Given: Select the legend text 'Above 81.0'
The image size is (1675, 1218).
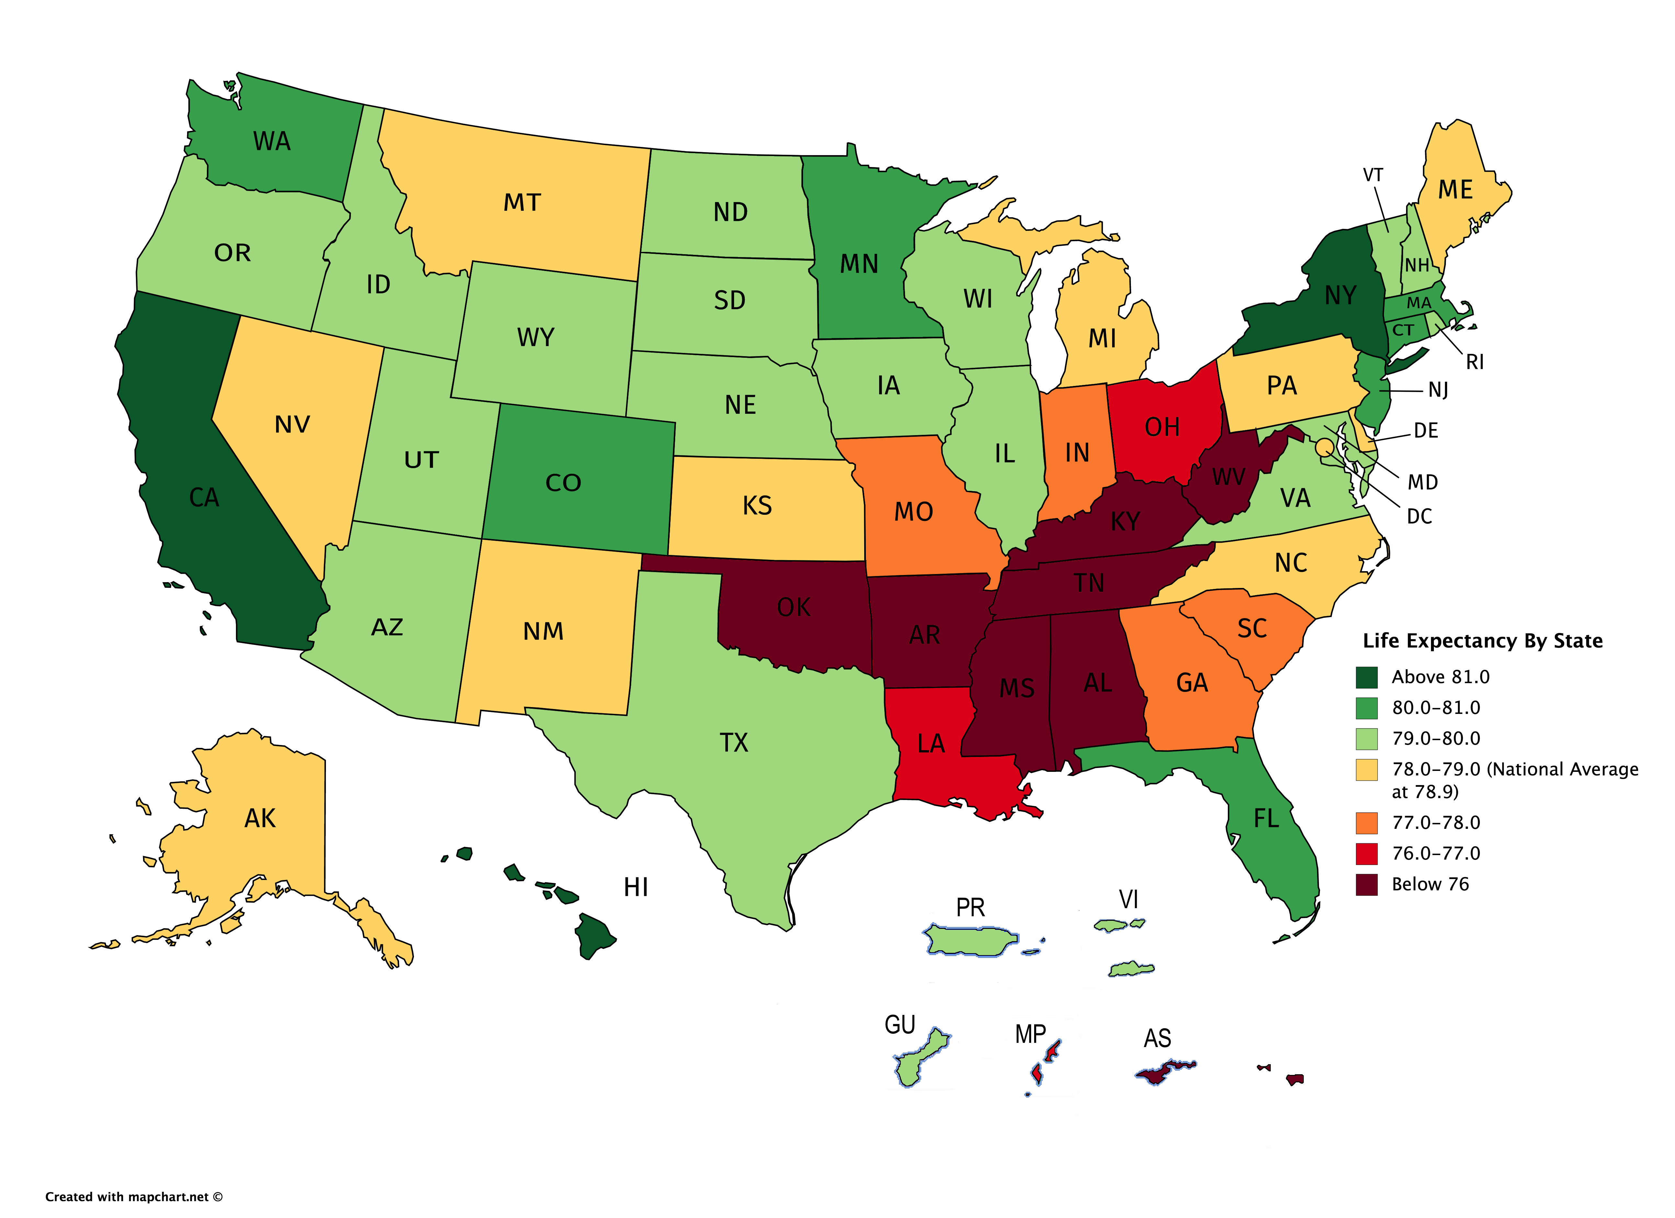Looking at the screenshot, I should [x=1440, y=677].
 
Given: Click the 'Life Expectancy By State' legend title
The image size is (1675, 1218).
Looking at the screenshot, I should [x=1482, y=641].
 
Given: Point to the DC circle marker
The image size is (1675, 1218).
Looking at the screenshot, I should [x=1324, y=446].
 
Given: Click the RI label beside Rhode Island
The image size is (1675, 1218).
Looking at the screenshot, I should [x=1474, y=362].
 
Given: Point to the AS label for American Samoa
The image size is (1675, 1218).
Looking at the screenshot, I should [x=1157, y=1039].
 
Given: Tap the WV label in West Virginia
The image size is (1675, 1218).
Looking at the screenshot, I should [x=1227, y=478].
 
